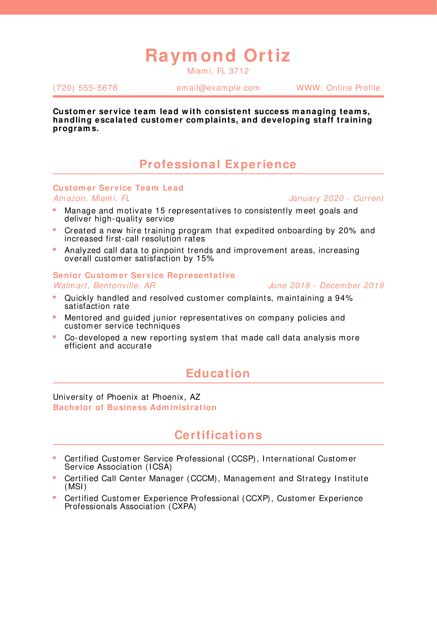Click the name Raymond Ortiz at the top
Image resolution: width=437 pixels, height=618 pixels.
click(218, 56)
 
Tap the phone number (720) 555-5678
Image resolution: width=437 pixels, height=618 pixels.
click(85, 88)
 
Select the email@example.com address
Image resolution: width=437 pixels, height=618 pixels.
click(218, 88)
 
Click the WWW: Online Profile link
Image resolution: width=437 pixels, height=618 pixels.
click(338, 88)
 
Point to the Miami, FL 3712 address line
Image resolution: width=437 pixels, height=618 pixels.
click(218, 71)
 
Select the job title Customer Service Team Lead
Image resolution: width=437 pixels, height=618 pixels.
click(118, 188)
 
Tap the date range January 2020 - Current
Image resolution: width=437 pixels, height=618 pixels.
click(336, 198)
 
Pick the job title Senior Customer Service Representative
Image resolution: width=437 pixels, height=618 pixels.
click(144, 275)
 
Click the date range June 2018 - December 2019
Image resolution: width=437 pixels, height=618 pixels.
click(326, 286)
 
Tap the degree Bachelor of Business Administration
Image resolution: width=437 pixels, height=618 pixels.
click(135, 407)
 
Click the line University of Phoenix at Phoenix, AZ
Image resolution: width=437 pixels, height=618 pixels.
click(127, 397)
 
